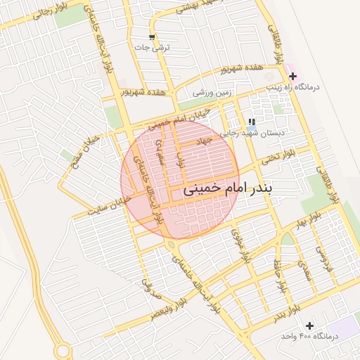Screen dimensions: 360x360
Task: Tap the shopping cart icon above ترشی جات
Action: pos(152,37)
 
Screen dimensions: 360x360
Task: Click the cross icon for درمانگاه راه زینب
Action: pos(292,77)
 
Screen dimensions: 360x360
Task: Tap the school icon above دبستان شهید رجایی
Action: pos(251,122)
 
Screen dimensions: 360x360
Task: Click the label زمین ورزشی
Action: pos(212,93)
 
